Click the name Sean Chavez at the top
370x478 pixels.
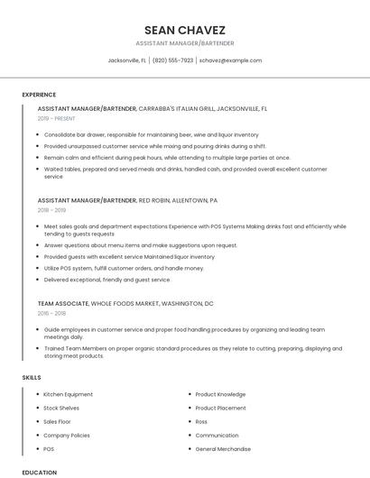184,30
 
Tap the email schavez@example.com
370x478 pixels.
230,60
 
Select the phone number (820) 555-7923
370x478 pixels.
172,60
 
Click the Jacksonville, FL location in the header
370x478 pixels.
127,60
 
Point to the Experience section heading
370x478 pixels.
39,95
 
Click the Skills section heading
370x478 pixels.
32,377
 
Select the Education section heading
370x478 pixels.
39,472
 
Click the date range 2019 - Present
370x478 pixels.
56,118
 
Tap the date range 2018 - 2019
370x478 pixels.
51,210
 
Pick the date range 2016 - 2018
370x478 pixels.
51,313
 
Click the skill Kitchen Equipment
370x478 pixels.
68,394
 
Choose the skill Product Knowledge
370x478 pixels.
220,394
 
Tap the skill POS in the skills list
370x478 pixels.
49,448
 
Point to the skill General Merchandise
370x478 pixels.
223,448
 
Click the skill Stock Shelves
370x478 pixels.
61,408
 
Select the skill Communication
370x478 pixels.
217,435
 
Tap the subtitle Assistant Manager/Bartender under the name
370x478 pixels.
184,42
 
